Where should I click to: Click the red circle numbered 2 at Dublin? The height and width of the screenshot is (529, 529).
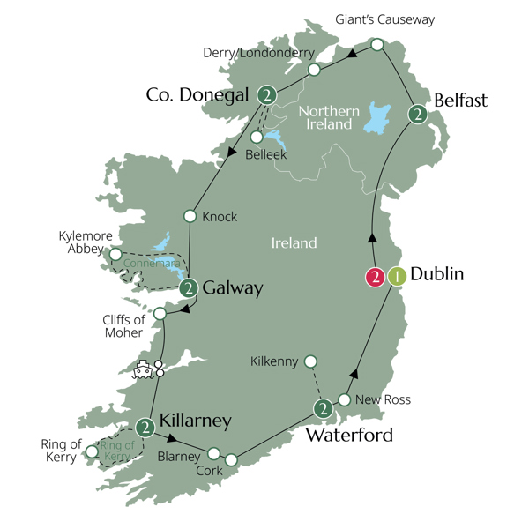(376, 277)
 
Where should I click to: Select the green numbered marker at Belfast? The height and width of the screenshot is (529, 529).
(418, 114)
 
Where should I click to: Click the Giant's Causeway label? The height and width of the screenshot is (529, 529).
(385, 19)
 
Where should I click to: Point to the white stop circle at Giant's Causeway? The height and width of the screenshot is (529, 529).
(376, 44)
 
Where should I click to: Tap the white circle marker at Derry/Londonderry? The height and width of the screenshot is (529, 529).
(313, 69)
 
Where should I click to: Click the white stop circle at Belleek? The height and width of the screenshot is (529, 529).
(257, 137)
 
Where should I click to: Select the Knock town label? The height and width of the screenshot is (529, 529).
(220, 217)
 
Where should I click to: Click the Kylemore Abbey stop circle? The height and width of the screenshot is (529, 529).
(115, 254)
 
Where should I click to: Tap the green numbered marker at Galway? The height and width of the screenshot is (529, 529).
(188, 288)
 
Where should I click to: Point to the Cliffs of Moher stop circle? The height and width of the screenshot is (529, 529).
(160, 313)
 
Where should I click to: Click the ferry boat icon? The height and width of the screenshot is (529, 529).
(142, 370)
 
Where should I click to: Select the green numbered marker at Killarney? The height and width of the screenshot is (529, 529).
(145, 428)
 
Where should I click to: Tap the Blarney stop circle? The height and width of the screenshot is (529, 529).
(213, 453)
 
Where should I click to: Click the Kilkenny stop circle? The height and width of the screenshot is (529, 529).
(309, 361)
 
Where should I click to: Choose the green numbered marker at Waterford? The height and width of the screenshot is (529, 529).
(324, 408)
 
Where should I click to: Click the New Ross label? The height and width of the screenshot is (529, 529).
(384, 400)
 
